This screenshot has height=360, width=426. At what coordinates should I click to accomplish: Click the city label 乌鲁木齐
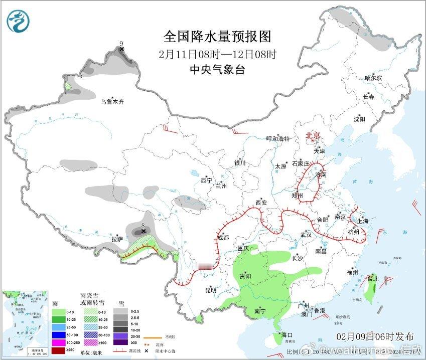(111, 102)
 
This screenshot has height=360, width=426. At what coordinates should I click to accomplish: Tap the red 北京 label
(313, 135)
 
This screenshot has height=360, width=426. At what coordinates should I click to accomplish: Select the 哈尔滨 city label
(373, 78)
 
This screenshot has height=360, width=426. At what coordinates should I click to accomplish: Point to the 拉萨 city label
(117, 239)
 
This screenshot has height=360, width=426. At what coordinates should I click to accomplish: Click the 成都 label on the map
(223, 238)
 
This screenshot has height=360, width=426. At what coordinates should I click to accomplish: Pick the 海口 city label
(286, 335)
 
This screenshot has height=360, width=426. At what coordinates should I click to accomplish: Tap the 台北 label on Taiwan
(372, 279)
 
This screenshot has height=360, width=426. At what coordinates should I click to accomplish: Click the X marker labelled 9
(121, 49)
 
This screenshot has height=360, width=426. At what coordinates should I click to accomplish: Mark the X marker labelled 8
(144, 231)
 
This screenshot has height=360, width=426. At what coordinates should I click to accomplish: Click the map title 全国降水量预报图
(217, 37)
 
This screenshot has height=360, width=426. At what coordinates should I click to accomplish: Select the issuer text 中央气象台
(217, 70)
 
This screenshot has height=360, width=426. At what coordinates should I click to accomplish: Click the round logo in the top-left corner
(19, 21)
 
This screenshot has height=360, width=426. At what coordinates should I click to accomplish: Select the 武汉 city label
(306, 235)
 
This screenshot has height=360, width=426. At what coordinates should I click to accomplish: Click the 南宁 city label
(260, 311)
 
